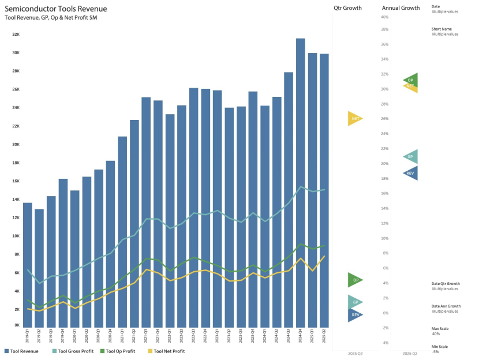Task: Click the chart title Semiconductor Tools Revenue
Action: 55,9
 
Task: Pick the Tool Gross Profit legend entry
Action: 73,351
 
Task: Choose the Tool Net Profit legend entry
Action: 166,351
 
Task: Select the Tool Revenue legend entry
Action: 23,351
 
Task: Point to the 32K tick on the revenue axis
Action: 16,34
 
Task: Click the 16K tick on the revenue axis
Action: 16,181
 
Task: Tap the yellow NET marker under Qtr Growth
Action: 355,119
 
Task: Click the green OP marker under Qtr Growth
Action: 355,280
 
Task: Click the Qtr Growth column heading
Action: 347,8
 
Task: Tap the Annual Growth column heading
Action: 401,8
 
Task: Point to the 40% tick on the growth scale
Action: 384,17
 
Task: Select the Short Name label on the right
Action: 441,29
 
